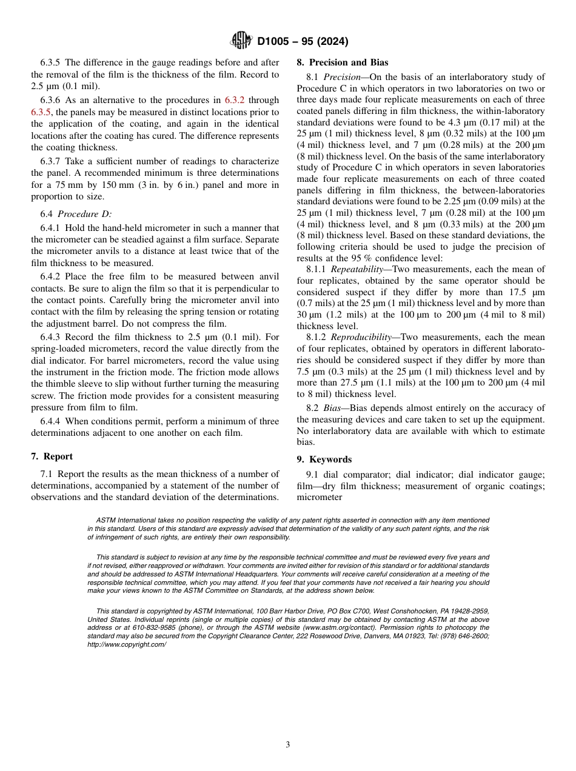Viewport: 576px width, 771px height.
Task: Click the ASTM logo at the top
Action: pos(242,41)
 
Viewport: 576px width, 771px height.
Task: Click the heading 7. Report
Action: pos(52,456)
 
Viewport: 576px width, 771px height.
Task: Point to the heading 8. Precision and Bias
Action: pos(342,62)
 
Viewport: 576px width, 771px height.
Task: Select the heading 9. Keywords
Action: pos(324,459)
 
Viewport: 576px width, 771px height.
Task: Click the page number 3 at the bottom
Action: pos(288,745)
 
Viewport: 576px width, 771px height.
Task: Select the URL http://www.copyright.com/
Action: pos(126,645)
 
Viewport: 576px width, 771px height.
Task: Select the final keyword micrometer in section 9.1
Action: pos(320,498)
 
